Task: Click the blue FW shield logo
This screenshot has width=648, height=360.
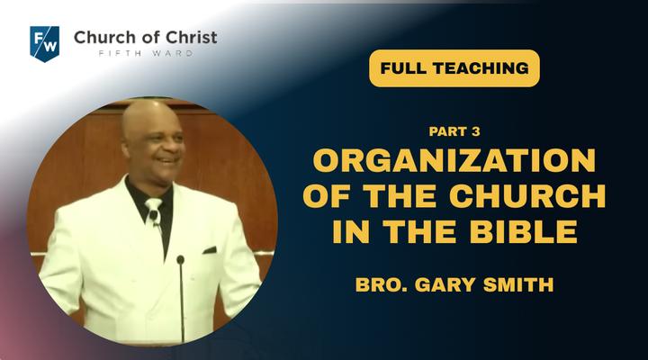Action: click(x=45, y=44)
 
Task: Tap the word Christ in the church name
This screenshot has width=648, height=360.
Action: click(x=192, y=37)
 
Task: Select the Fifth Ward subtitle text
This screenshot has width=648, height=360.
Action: click(x=146, y=53)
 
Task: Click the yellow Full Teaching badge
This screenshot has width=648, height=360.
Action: click(x=454, y=68)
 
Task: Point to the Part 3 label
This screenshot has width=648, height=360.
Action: click(x=454, y=131)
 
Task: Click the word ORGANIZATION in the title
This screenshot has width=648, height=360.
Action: click(x=454, y=160)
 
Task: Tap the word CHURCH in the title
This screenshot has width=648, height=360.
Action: click(x=527, y=195)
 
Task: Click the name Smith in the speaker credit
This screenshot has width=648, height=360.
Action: click(x=518, y=284)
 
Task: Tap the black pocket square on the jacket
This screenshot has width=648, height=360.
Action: click(x=210, y=250)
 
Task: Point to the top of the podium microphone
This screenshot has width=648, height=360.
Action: click(x=180, y=260)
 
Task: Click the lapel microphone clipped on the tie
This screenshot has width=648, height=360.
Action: click(x=154, y=216)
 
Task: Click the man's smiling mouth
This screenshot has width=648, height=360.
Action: click(x=166, y=160)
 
